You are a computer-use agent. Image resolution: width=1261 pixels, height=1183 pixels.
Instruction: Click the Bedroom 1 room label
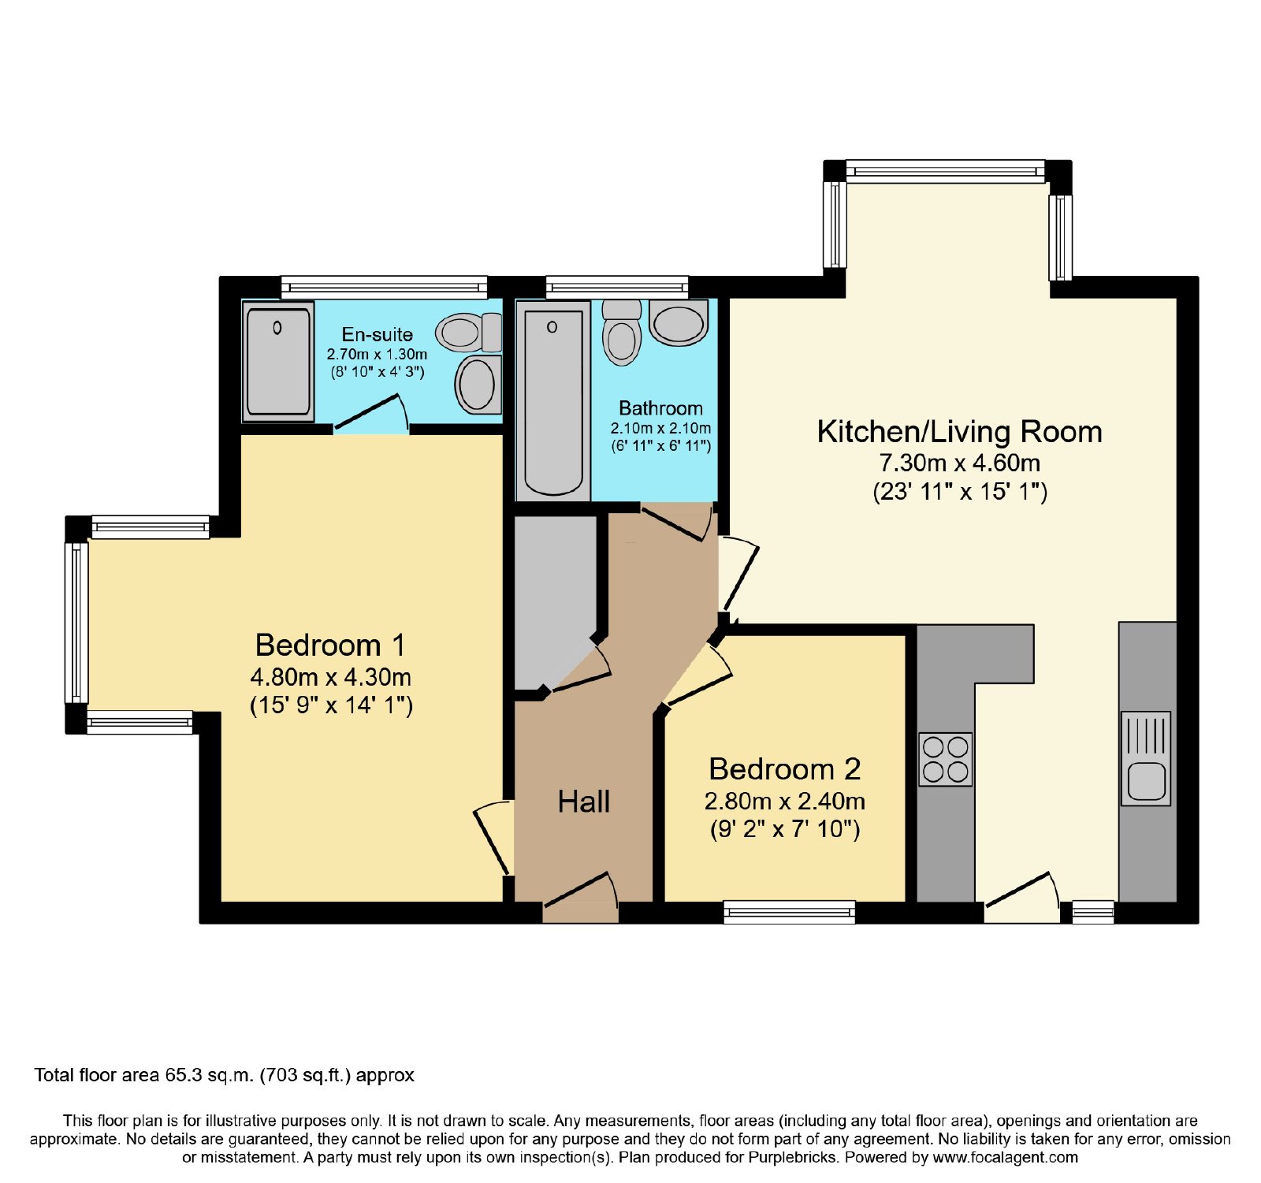coord(330,645)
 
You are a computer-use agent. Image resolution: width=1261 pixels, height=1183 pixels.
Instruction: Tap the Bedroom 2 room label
coord(784,769)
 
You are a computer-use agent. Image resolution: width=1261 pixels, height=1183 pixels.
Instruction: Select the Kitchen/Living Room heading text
coord(959,432)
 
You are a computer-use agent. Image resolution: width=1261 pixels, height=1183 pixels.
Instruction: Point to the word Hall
coord(583,802)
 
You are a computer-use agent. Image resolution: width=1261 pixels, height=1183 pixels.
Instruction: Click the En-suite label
coord(377,334)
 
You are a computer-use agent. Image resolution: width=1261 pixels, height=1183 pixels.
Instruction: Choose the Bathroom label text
coord(660,408)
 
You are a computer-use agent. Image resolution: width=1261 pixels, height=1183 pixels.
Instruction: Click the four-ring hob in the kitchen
coord(945,760)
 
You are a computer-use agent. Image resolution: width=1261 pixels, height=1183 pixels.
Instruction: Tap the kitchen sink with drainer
coord(1146,758)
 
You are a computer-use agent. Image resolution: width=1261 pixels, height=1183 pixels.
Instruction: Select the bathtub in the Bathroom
coord(553,400)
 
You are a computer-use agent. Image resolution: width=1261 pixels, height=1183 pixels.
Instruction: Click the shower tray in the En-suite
coord(277,361)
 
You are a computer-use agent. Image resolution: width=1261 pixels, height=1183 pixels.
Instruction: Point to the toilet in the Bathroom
coord(622,332)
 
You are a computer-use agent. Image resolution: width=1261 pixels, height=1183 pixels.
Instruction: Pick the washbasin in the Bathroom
coord(679,322)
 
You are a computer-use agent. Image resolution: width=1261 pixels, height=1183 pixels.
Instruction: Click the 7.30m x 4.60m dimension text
coord(959,463)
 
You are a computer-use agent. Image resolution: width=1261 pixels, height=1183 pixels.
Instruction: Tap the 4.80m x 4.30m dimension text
coord(330,677)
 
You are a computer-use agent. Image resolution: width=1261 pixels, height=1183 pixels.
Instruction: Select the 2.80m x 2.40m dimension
coord(784,802)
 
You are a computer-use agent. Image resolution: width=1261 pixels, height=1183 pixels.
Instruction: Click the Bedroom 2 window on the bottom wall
coord(790,913)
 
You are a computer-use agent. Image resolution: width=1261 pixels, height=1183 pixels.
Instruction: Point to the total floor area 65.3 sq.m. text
coord(224,1075)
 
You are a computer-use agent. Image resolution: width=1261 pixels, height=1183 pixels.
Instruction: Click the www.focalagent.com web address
coord(1005,1158)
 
